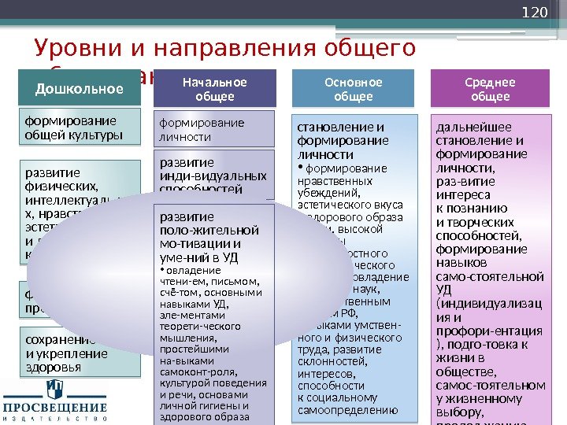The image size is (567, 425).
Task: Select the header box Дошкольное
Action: pos(80,88)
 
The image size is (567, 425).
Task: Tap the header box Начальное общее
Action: pos(215,89)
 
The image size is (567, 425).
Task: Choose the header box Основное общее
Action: pos(354,89)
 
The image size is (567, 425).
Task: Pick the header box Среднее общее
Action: pos(491,89)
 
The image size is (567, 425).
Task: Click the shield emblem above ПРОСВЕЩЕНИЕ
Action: pos(54,388)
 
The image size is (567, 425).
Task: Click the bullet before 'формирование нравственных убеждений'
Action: pos(300,168)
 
